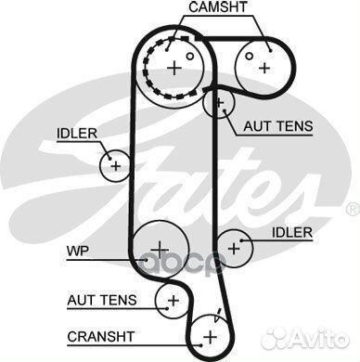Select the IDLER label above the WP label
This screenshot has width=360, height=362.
[x=78, y=133]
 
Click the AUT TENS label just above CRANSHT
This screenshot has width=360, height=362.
[x=101, y=300]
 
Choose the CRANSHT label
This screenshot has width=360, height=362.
[x=101, y=335]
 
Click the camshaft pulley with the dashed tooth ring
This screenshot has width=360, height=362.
[x=174, y=67]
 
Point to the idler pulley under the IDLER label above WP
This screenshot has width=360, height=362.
[x=115, y=166]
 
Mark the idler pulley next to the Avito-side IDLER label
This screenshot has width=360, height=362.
[x=233, y=248]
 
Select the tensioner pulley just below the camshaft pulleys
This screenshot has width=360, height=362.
[x=219, y=103]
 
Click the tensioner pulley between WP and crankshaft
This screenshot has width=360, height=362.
[x=172, y=299]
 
